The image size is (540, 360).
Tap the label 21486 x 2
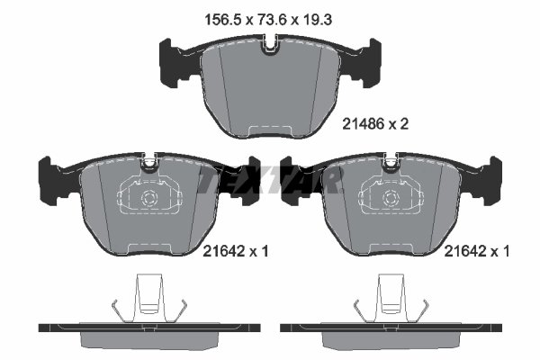tap(376, 126)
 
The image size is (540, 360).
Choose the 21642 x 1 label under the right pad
tap(477, 254)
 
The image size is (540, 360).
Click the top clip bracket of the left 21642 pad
tap(149, 163)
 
